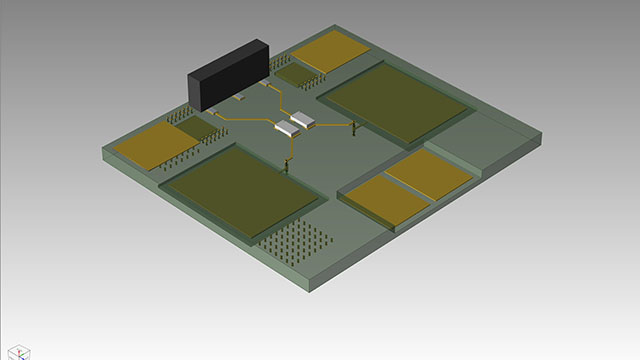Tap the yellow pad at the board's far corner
pos(331,50)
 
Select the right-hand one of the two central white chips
pos(302,121)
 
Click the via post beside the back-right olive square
pos(354,126)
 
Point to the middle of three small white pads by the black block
pos(239,99)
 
